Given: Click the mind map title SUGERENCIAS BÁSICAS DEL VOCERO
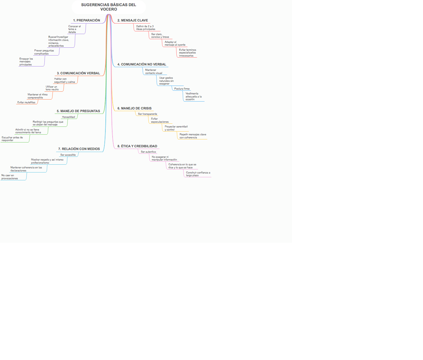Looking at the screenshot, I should (x=108, y=7).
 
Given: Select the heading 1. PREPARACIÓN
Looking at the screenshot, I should (x=87, y=20).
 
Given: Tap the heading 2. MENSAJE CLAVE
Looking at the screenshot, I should (x=133, y=20).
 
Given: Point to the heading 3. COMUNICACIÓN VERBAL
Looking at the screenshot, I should (x=78, y=73).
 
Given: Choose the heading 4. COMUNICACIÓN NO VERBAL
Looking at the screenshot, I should (x=142, y=64).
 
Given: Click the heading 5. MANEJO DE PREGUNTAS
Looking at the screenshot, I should (x=78, y=111).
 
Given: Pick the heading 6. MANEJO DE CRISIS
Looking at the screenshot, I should (x=134, y=108).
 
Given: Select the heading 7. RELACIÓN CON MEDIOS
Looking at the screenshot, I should (x=79, y=149).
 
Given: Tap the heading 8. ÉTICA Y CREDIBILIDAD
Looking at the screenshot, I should (x=137, y=146).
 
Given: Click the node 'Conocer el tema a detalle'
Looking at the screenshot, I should (x=74, y=29).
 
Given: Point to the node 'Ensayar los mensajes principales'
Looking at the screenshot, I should (x=26, y=62).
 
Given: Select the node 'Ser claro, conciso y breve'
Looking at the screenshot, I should (x=160, y=35).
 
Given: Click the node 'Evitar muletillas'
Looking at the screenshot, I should (x=26, y=102).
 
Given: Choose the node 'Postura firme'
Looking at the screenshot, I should (x=182, y=89).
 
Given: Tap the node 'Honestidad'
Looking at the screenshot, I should (x=69, y=117).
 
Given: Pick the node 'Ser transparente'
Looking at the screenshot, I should (x=147, y=114).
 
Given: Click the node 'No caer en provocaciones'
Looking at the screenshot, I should (x=10, y=177).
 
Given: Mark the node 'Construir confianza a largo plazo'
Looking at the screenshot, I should (x=198, y=174).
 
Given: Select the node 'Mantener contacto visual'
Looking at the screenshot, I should (x=154, y=72).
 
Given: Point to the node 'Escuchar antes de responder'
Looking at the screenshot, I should (x=12, y=139).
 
